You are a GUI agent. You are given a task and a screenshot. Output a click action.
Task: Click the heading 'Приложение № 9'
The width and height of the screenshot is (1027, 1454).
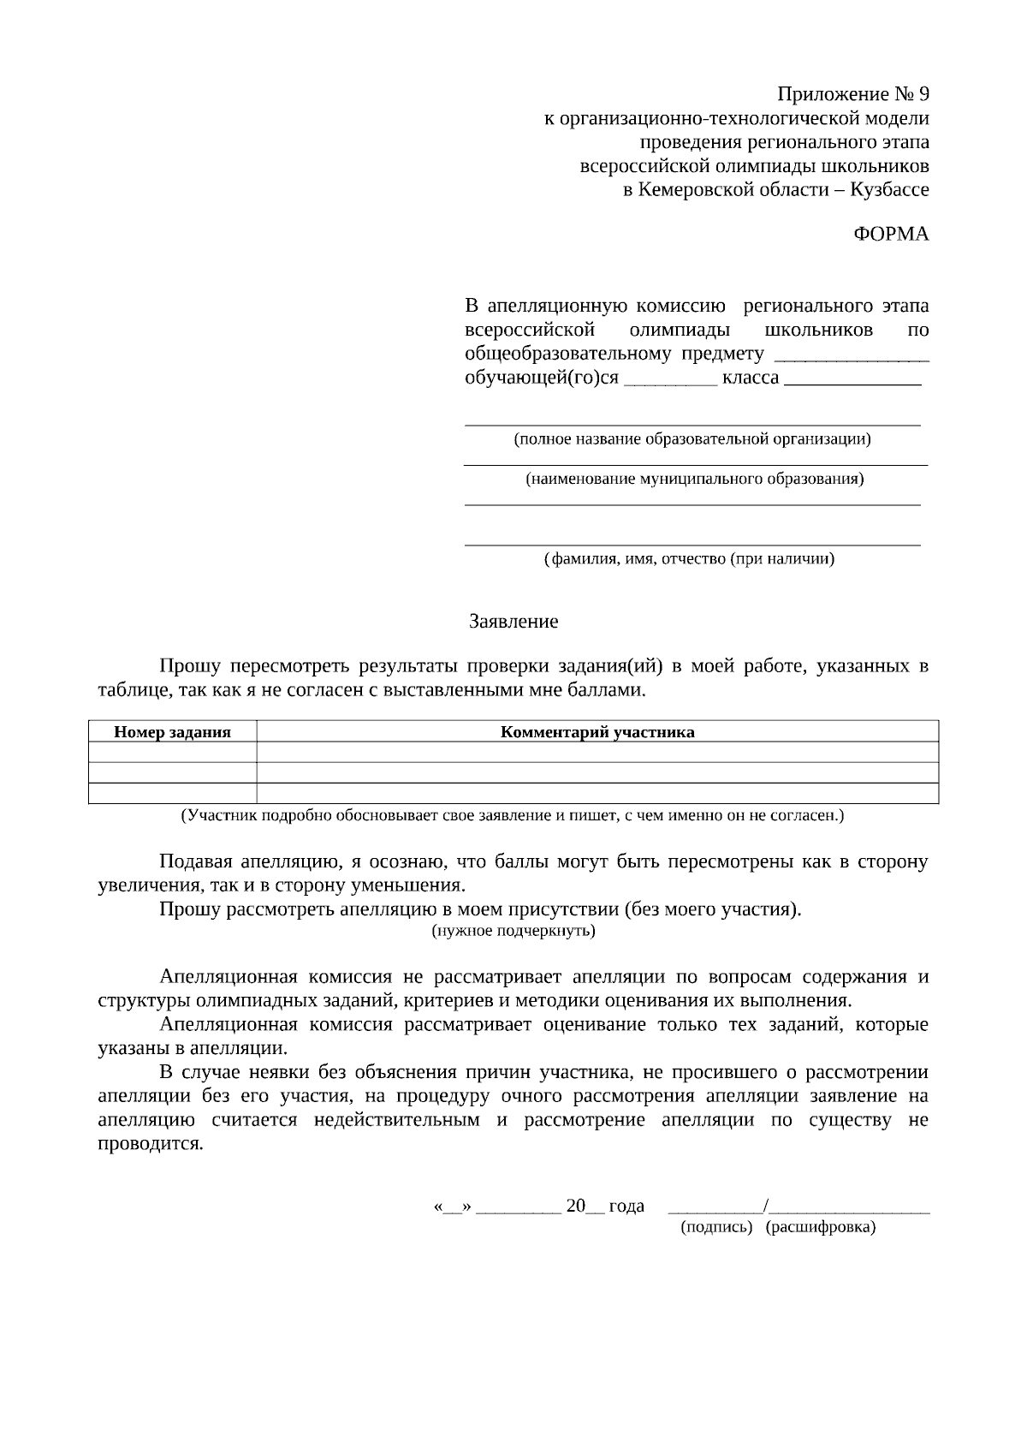(x=852, y=93)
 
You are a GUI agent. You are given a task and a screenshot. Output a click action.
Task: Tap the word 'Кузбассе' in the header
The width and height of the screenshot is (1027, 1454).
(x=889, y=189)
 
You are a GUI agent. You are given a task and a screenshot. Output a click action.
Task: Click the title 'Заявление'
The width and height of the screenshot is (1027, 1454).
(x=513, y=622)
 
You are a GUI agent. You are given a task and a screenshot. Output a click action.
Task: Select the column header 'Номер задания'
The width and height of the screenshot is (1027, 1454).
(x=173, y=732)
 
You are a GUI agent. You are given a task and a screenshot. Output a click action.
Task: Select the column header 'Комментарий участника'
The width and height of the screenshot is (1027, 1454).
(x=597, y=732)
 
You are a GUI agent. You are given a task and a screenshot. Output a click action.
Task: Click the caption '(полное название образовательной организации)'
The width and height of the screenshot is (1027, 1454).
(x=692, y=439)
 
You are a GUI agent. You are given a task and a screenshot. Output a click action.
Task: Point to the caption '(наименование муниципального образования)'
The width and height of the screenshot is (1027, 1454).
(x=694, y=479)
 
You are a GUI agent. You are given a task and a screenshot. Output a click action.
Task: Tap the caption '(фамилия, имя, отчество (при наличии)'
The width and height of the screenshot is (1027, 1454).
(x=690, y=559)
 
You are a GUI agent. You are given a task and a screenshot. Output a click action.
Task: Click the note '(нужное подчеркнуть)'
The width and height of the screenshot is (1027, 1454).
(x=513, y=930)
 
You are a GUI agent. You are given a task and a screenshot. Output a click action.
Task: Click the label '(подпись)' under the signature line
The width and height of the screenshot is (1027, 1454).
(x=716, y=1227)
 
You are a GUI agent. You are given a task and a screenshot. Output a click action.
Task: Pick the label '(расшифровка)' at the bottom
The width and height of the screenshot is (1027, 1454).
(x=821, y=1227)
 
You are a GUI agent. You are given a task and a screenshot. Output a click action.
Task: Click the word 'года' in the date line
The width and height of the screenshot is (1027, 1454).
(x=626, y=1206)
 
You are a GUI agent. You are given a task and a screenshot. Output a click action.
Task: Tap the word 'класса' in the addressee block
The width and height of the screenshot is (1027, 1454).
(x=751, y=378)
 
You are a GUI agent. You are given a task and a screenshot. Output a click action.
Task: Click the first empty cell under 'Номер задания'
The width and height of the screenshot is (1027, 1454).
(x=173, y=752)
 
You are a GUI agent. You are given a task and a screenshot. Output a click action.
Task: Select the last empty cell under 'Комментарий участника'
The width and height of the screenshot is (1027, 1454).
(x=597, y=794)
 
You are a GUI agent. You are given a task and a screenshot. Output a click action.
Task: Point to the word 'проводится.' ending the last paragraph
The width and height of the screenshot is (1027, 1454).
(x=151, y=1144)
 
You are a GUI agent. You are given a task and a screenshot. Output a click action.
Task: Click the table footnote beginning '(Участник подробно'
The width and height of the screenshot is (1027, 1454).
(x=512, y=815)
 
